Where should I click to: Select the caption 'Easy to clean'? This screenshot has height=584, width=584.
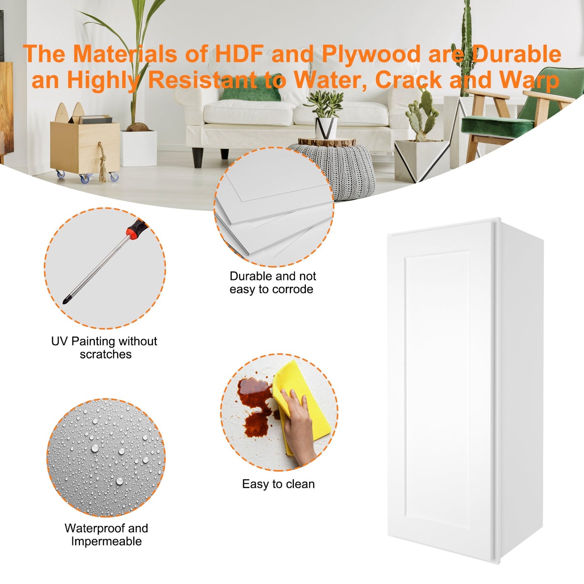[x=278, y=484]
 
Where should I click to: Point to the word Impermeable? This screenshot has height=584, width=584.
[x=106, y=541]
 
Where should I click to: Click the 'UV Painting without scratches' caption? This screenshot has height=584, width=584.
[x=104, y=348]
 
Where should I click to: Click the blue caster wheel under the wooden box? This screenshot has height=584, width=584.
[x=84, y=179]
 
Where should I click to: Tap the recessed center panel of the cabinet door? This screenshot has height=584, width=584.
[x=437, y=393]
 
